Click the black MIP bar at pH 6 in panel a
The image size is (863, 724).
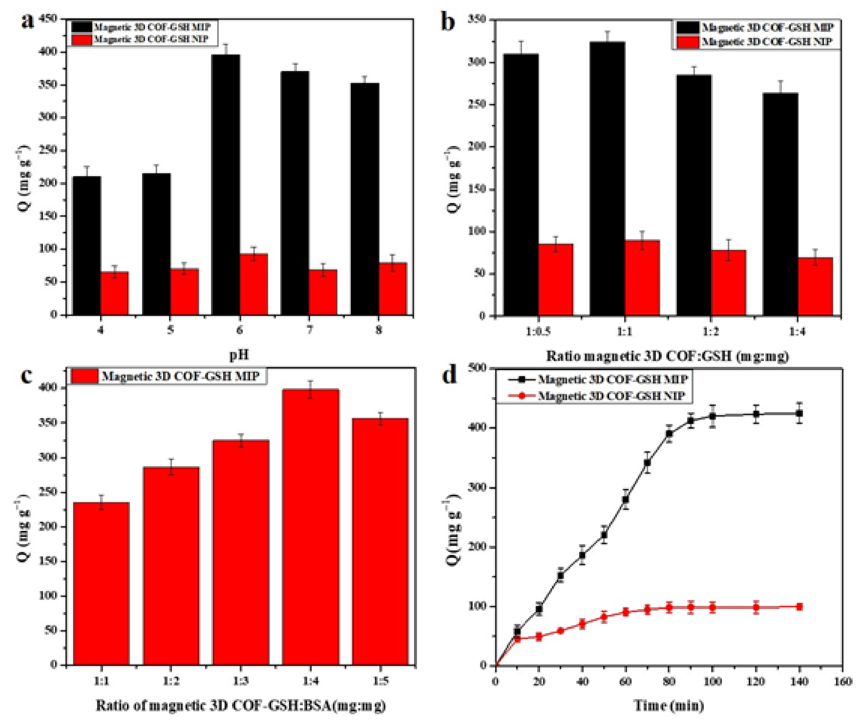pos(226,185)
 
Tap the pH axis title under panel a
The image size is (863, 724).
pos(239,354)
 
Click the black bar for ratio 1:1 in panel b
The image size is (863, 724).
pos(607,179)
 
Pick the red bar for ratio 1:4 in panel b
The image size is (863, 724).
pos(815,287)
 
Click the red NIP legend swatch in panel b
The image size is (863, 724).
pos(687,42)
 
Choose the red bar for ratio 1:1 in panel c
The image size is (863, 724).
pos(101,584)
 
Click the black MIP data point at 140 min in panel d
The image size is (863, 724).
pos(799,413)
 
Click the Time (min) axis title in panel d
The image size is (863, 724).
pos(669,706)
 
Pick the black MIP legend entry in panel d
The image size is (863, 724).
pos(612,379)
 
